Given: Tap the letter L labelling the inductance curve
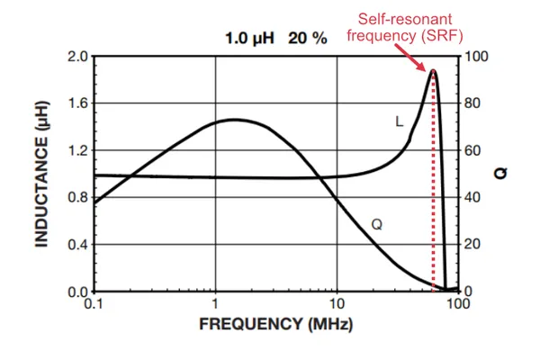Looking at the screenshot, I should point(399,120).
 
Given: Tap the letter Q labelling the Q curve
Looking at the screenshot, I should point(377,222).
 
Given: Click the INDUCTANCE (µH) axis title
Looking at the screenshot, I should point(41,174).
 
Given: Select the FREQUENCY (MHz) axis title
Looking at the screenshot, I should point(276,323).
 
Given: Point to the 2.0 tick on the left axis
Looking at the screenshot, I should point(77,56).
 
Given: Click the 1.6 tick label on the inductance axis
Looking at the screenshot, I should point(77,103).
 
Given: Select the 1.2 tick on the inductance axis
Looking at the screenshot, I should point(77,150).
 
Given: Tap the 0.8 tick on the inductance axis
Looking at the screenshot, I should point(77,198).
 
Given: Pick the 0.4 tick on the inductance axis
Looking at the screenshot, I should point(77,245).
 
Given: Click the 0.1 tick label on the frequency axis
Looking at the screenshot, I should point(94,305).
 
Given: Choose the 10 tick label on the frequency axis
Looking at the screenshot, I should point(337,305).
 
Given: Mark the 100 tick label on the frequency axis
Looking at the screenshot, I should point(458,305).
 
